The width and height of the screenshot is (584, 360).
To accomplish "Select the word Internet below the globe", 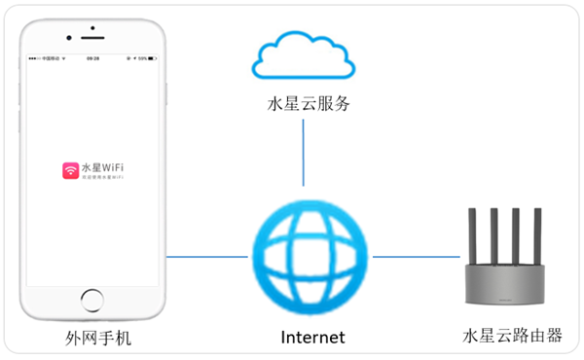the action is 312,338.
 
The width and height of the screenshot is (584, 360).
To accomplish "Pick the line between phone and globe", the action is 206,257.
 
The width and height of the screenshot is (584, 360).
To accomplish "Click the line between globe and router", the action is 416,257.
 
